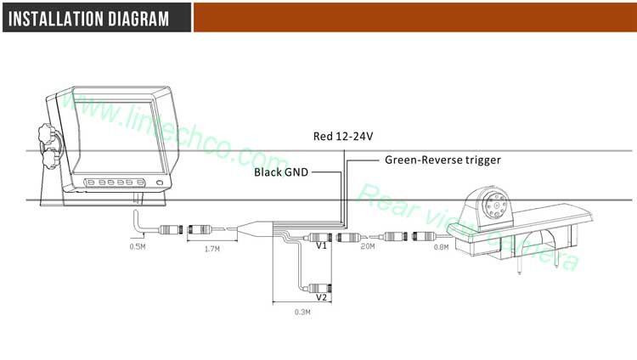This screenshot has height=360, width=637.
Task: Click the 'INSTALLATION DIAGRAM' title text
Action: [91, 17]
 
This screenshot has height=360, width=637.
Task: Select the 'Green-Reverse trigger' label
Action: [443, 159]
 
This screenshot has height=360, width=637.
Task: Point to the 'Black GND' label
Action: [281, 172]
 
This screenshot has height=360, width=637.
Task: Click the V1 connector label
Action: [321, 246]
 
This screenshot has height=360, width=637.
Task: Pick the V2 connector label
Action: [321, 297]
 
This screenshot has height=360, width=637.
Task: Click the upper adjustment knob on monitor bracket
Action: [48, 135]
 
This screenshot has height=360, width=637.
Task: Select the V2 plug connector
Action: [320, 286]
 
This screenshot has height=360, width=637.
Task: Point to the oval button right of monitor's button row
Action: [159, 183]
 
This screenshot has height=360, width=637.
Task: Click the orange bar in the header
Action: [414, 17]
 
